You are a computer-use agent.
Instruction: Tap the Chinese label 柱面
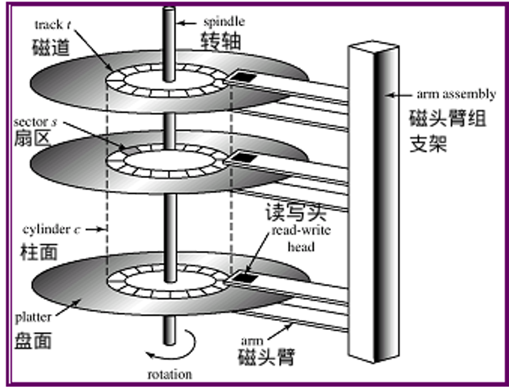coord(33,249)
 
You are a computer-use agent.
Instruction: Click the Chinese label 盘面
coord(33,340)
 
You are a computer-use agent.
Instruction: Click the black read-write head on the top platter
coord(241,78)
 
